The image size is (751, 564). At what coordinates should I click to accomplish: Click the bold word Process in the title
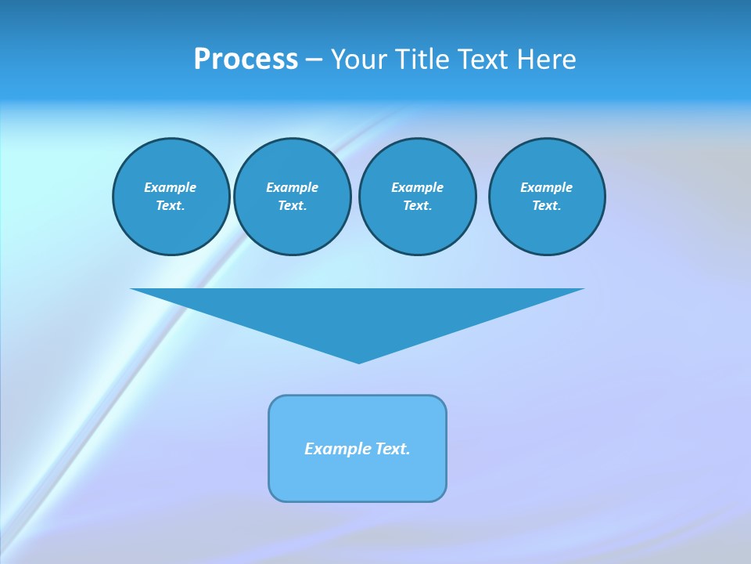(246, 60)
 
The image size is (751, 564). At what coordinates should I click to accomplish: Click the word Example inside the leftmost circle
(171, 187)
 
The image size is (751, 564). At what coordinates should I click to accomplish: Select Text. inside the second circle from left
(292, 206)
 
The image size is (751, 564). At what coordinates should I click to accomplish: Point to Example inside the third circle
(417, 187)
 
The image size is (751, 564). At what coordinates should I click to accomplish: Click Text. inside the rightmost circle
(546, 206)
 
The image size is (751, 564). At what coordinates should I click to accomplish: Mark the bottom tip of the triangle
(358, 361)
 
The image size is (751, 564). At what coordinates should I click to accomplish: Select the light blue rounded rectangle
(358, 478)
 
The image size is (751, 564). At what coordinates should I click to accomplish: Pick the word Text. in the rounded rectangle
(393, 449)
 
